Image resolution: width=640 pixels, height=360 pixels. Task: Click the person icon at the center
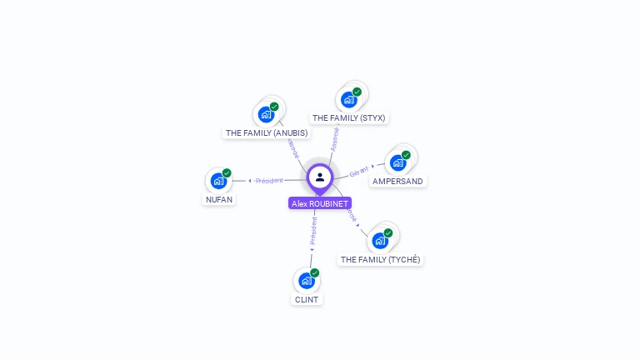pos(320,177)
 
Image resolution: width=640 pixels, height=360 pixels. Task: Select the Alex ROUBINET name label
pos(320,203)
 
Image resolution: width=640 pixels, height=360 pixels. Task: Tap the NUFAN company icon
pos(217,181)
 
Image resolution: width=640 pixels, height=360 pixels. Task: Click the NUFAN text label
pos(219,200)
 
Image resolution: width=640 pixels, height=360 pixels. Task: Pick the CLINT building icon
pos(306,281)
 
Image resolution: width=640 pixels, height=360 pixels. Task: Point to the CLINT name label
pos(307,300)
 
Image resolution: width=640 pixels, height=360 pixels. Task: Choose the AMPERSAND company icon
pos(397,162)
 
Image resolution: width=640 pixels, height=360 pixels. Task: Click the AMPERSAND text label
pos(397,182)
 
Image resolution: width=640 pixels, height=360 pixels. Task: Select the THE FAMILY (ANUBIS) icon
pos(266,114)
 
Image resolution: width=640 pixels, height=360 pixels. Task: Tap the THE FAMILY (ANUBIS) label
pos(267,133)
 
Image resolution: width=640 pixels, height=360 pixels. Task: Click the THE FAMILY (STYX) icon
pos(348,99)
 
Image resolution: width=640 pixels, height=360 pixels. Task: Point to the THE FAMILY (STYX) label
pos(348,118)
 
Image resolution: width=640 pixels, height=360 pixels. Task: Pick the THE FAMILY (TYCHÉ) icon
pos(380,241)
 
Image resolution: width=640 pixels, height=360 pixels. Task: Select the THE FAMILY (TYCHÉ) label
pos(381,260)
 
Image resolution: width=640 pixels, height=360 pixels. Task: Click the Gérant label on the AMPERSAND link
pos(359,170)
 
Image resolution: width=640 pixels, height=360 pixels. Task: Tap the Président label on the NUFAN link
pos(269,181)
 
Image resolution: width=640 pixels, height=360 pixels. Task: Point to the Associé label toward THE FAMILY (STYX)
pos(334,138)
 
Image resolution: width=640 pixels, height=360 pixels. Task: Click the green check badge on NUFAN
pos(227,172)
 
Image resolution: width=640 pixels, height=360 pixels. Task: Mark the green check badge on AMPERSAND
pos(406,155)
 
